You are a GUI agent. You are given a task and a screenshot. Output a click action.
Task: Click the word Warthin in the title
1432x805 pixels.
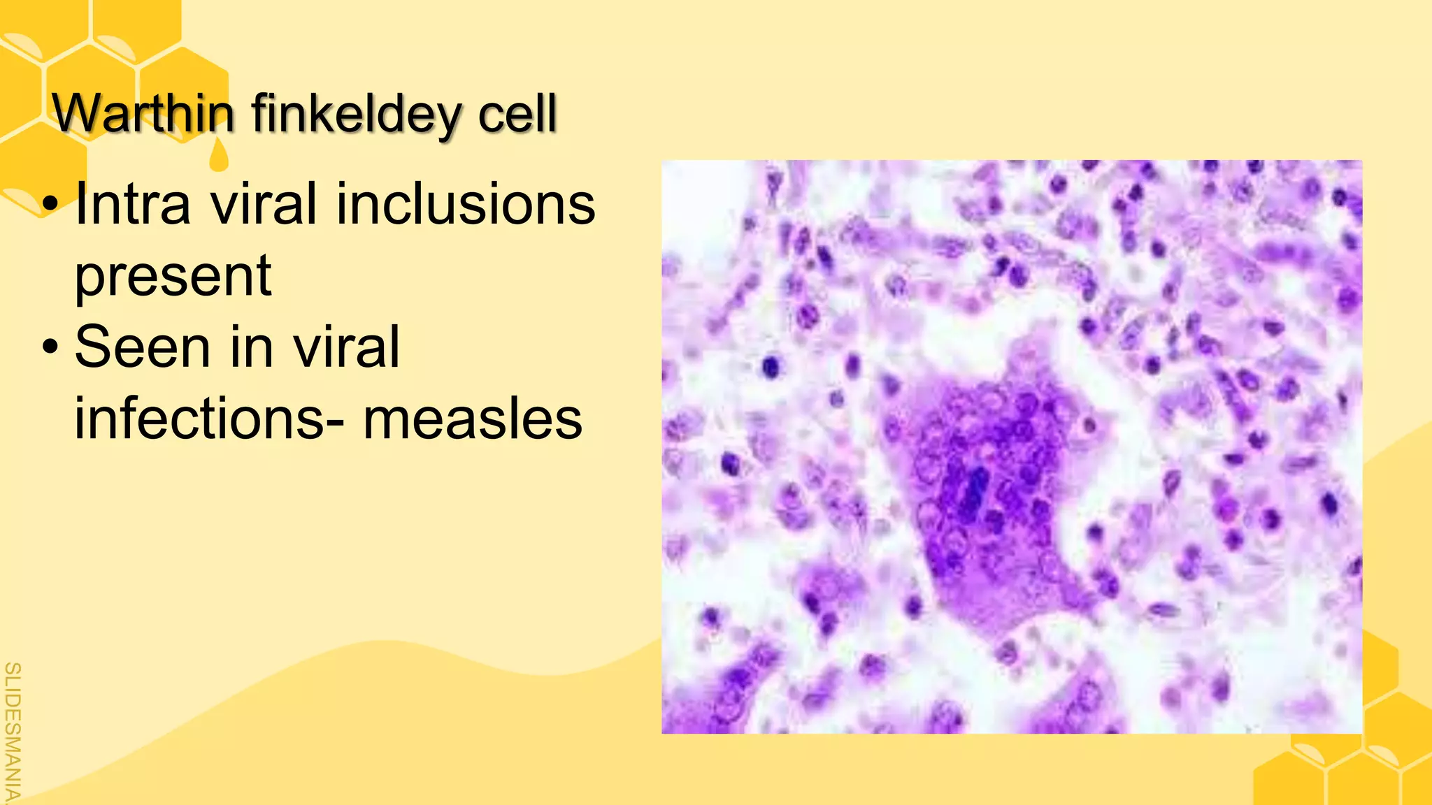pos(143,113)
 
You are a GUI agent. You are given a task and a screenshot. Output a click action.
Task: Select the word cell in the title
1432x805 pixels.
pos(517,113)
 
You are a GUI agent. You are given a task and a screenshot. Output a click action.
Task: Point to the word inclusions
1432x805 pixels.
pos(466,204)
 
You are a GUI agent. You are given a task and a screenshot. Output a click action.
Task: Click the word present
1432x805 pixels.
pos(173,277)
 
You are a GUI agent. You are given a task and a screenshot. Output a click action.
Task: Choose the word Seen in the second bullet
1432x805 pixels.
pos(142,347)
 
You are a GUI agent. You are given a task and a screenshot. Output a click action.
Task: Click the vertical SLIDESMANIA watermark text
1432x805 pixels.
pos(12,730)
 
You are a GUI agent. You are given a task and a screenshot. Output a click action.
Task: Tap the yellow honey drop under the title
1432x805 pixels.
pos(219,155)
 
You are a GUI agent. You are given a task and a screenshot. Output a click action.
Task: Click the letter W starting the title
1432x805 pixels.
pos(76,113)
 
